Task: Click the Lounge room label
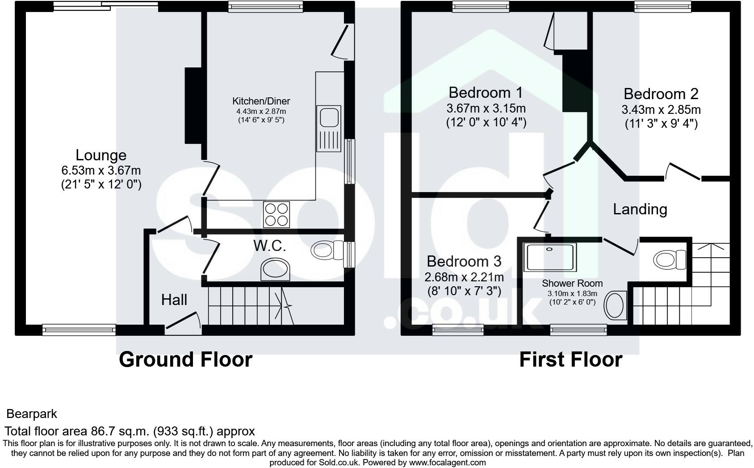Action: (101, 155)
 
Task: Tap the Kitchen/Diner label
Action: (261, 101)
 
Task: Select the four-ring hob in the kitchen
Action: (276, 215)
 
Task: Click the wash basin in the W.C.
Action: (275, 269)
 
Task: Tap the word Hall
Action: (174, 300)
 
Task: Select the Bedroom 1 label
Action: (486, 92)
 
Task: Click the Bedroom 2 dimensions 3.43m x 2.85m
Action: (661, 110)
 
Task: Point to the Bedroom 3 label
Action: (464, 261)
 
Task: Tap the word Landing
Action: (640, 209)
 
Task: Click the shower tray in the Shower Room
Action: (550, 257)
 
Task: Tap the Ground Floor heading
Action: (186, 359)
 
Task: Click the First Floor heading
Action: (571, 359)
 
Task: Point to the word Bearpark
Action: (32, 414)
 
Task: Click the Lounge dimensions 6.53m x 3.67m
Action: (101, 171)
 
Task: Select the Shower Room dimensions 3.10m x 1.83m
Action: (572, 293)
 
